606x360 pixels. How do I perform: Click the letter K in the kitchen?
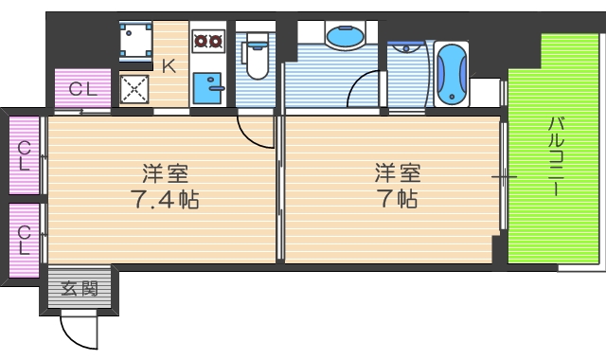tap(169, 65)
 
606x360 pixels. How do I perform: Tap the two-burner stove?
tap(206, 41)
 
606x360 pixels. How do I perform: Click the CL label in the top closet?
tap(82, 91)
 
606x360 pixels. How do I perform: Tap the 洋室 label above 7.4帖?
tap(165, 175)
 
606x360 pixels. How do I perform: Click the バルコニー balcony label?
tap(556, 156)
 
